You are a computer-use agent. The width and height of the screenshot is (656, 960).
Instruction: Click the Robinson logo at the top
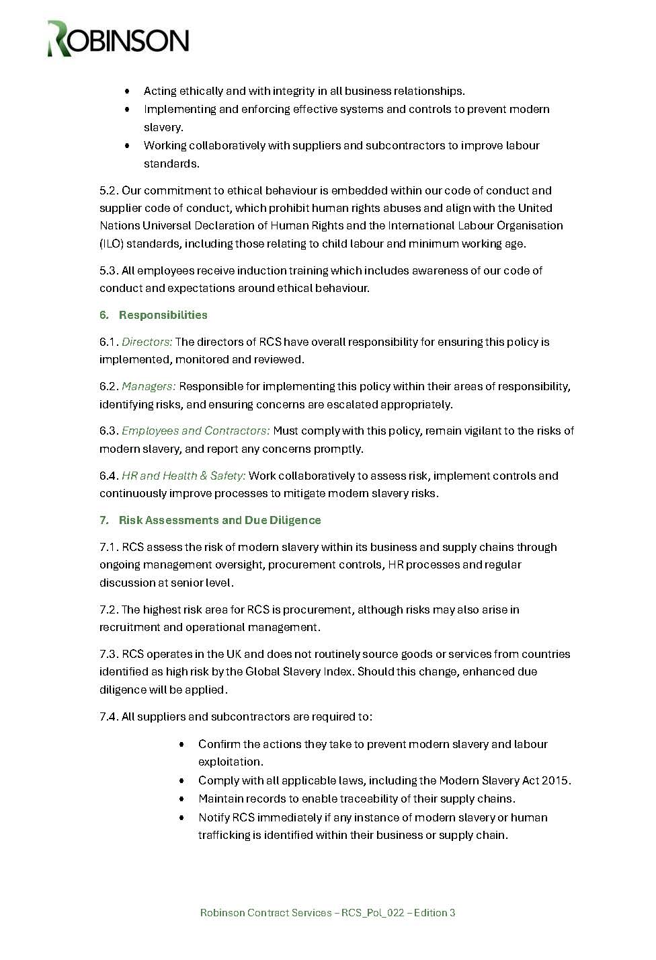point(118,39)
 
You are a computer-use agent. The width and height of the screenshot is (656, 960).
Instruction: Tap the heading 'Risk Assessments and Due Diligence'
point(220,520)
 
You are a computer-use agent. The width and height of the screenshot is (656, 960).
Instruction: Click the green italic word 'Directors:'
point(147,342)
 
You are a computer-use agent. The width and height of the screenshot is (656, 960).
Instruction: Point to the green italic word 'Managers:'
point(149,386)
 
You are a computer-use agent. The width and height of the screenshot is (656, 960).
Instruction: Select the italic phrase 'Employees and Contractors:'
point(196,431)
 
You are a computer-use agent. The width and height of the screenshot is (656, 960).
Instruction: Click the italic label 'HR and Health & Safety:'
point(183,476)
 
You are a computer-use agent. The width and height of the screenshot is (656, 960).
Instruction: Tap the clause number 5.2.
point(109,190)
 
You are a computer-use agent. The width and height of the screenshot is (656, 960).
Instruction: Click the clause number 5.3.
point(109,270)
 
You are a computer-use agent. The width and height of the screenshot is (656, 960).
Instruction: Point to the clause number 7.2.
point(109,610)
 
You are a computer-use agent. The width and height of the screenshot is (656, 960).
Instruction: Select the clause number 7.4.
point(109,716)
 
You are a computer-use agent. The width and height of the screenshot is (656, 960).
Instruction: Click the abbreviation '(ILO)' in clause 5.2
point(112,244)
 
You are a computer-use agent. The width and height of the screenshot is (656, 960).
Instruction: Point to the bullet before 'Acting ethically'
point(127,91)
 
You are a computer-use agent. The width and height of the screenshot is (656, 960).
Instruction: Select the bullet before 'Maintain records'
point(182,799)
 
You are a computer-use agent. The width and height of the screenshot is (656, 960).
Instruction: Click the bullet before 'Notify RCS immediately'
point(182,818)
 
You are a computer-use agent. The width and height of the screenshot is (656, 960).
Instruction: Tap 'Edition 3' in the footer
point(434,913)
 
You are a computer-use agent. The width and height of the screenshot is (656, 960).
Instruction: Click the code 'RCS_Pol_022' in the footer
point(372,913)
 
